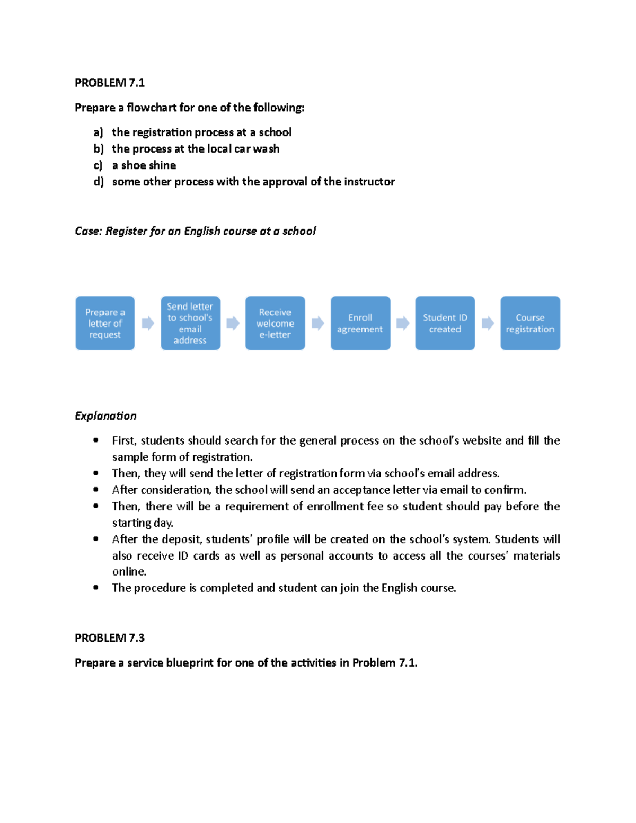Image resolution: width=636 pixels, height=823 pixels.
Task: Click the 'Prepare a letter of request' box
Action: click(105, 323)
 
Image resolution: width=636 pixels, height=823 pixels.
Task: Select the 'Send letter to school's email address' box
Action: click(190, 323)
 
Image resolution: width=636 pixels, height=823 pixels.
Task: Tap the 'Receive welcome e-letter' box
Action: click(275, 323)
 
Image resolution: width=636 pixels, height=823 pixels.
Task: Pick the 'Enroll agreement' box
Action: click(360, 323)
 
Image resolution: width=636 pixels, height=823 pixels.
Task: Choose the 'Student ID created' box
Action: click(445, 323)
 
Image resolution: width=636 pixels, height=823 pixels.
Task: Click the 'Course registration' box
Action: click(530, 323)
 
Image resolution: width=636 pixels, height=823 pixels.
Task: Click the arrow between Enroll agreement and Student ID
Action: click(403, 323)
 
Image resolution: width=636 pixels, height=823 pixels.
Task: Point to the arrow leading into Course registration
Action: click(488, 323)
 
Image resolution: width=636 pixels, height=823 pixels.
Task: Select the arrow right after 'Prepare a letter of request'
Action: click(148, 323)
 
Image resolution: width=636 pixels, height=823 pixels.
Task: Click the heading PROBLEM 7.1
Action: click(110, 83)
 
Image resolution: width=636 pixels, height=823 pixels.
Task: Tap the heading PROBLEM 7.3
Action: click(110, 638)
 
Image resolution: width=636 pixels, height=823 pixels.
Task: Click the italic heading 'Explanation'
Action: click(105, 416)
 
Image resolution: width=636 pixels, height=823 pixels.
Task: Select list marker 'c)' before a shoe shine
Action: click(98, 165)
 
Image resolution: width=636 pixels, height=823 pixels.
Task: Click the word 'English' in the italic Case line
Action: click(202, 231)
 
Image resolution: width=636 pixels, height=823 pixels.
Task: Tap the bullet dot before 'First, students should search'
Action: click(96, 440)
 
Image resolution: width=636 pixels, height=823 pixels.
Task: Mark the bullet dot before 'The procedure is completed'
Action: click(96, 587)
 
